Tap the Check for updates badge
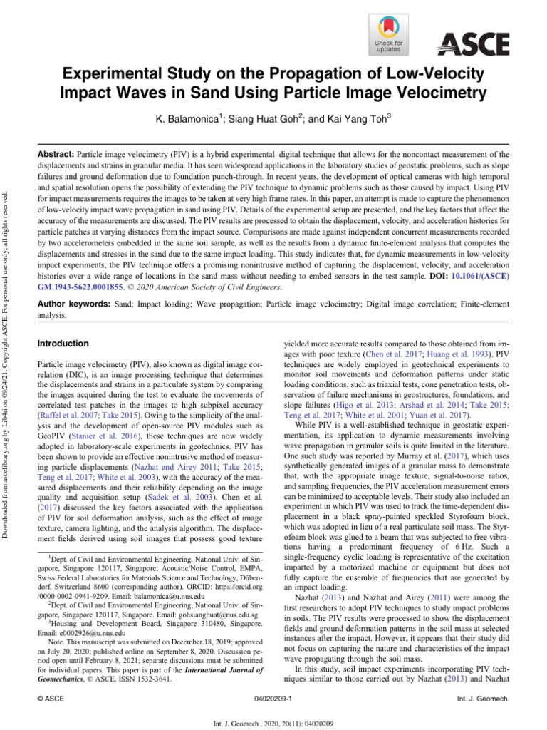387,35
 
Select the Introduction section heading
63,344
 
